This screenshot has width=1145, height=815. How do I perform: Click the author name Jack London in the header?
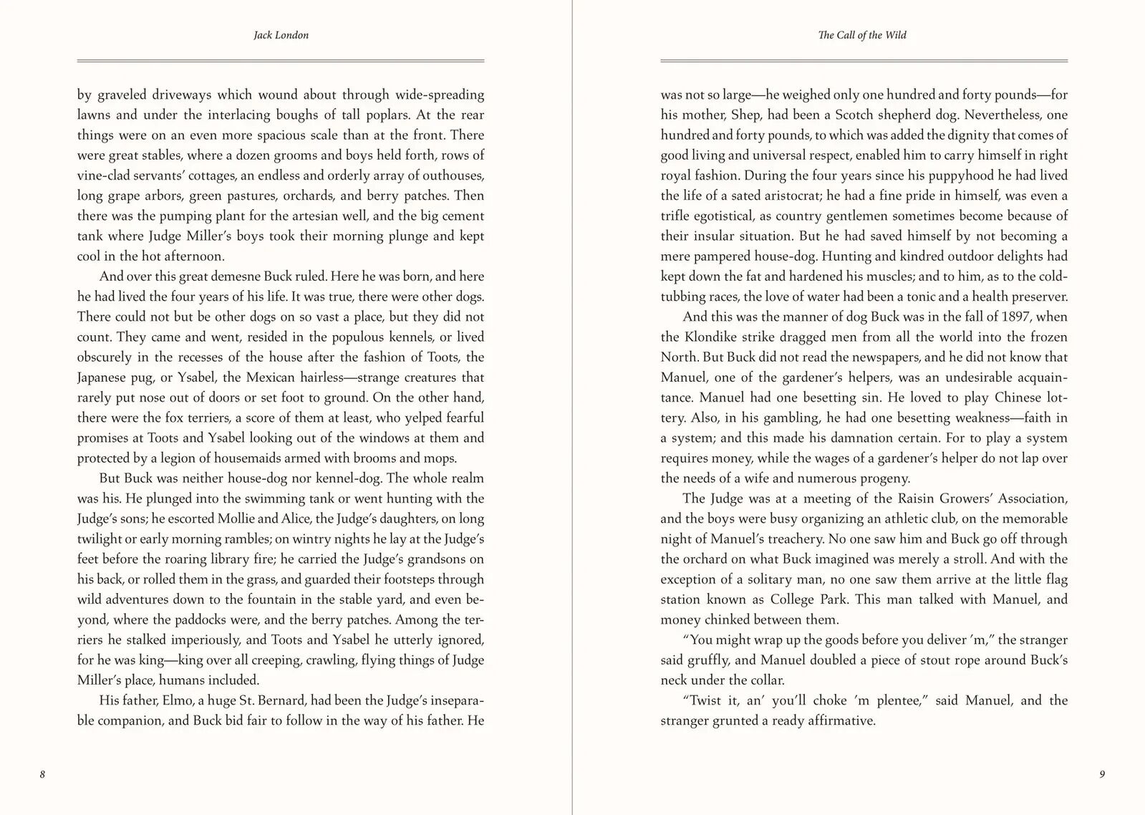(x=281, y=35)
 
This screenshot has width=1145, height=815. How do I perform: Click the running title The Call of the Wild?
(x=862, y=35)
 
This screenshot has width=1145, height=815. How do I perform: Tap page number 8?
(x=43, y=774)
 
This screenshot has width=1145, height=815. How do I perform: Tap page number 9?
(x=1102, y=774)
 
